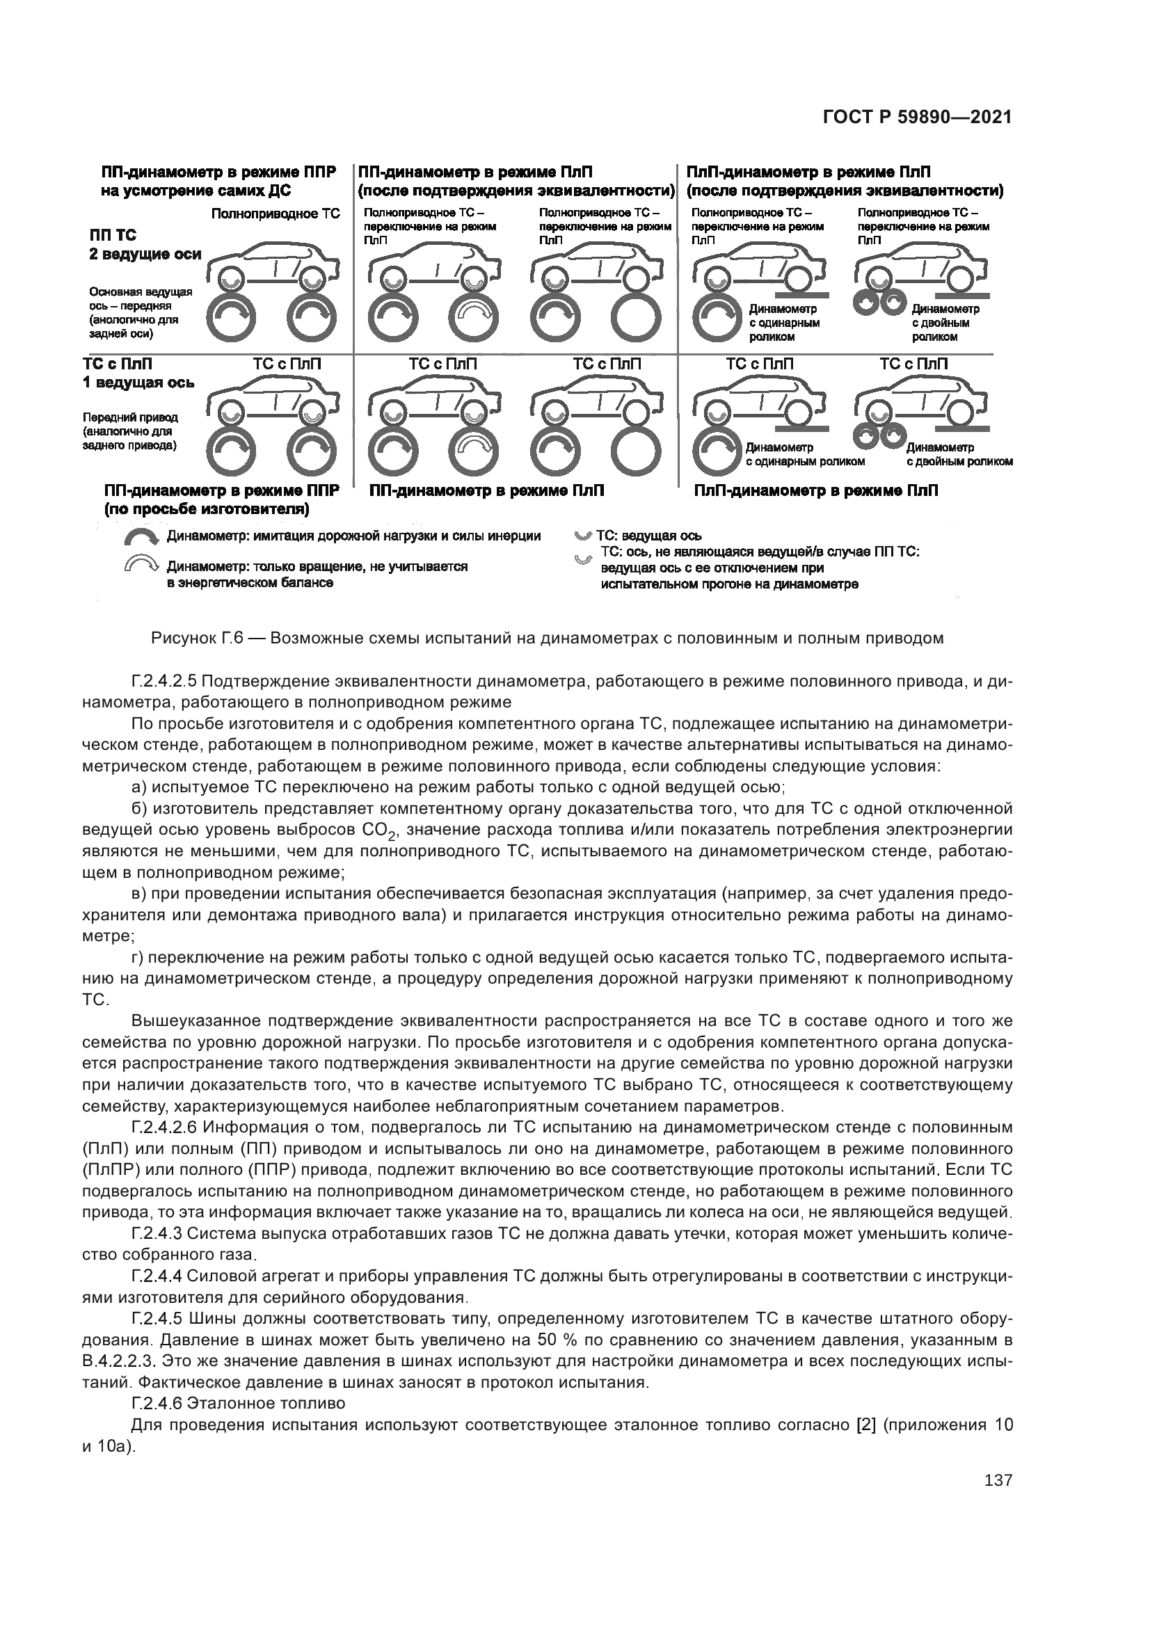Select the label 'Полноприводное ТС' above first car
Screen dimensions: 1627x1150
click(x=275, y=214)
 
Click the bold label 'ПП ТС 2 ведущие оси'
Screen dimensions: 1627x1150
click(x=145, y=244)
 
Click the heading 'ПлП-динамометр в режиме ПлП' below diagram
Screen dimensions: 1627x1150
click(x=815, y=490)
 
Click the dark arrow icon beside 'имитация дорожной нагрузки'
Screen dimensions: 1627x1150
click(x=143, y=538)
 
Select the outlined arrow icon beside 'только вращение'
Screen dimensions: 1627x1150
click(x=143, y=565)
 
